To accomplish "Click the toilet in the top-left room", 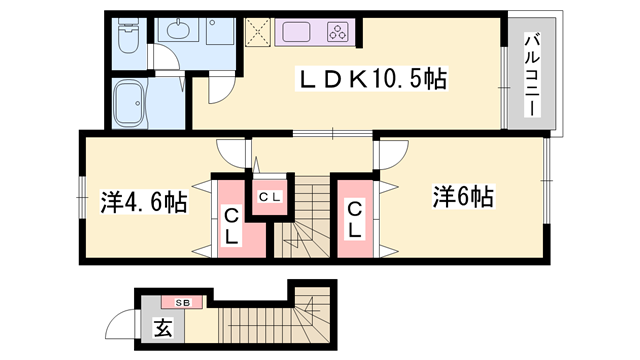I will [x=128, y=38].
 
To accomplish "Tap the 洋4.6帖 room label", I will [x=144, y=202].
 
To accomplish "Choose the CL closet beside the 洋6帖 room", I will [x=356, y=219].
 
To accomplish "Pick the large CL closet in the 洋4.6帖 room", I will [x=230, y=224].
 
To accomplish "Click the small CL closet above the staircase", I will [x=269, y=196].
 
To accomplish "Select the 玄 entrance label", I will [x=161, y=327].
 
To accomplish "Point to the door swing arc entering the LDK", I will [x=220, y=94].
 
